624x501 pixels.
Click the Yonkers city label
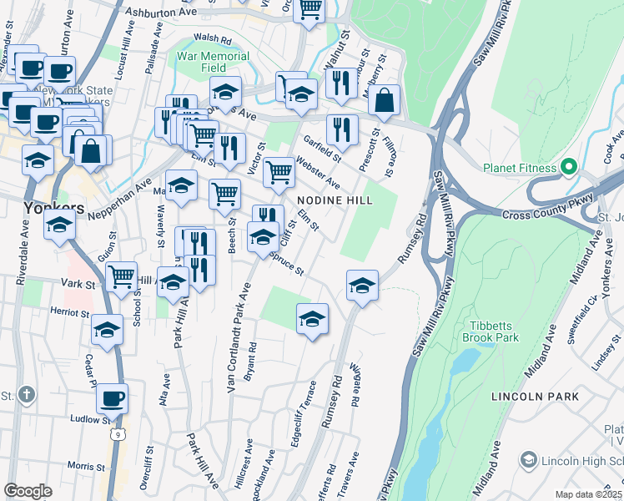(53, 207)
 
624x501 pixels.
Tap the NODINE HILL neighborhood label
(335, 201)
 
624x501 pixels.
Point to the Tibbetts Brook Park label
(492, 331)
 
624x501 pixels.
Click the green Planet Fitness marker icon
(571, 167)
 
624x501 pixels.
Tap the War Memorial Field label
(214, 63)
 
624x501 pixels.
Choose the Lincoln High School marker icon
(527, 460)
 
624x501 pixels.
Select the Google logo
(28, 491)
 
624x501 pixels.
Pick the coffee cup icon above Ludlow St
(112, 399)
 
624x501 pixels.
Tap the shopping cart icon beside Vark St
(122, 274)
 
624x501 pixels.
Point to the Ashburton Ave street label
(159, 13)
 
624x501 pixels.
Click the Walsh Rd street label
(212, 38)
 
